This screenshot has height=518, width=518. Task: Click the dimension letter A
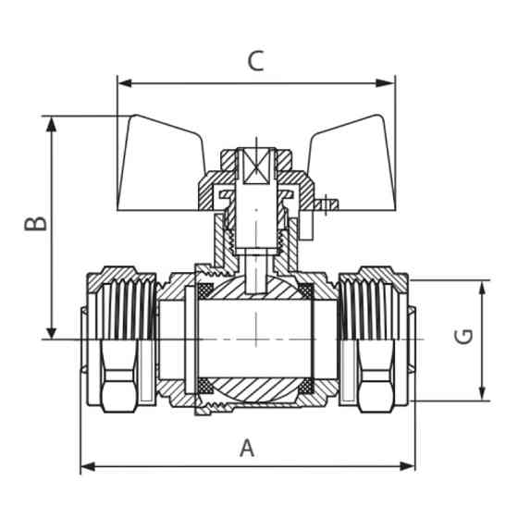click(247, 449)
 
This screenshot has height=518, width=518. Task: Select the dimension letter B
click(35, 225)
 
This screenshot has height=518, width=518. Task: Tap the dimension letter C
click(256, 61)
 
